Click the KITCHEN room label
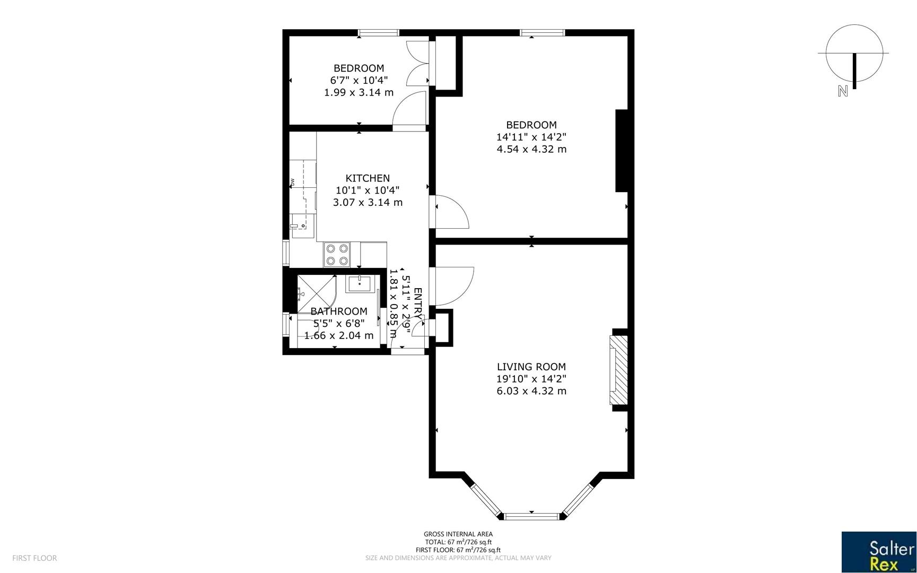(x=368, y=178)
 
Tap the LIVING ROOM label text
(x=531, y=367)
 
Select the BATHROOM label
(x=338, y=311)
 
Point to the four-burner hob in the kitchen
(x=337, y=254)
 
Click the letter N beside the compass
(x=842, y=91)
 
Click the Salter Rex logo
(x=878, y=552)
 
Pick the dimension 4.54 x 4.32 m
(x=531, y=149)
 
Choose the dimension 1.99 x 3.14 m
(x=359, y=92)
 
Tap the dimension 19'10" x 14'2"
(x=531, y=379)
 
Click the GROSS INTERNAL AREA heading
(x=458, y=534)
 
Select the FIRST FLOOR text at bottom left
(x=34, y=558)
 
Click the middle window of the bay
(x=531, y=516)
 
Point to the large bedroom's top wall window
(x=542, y=33)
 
